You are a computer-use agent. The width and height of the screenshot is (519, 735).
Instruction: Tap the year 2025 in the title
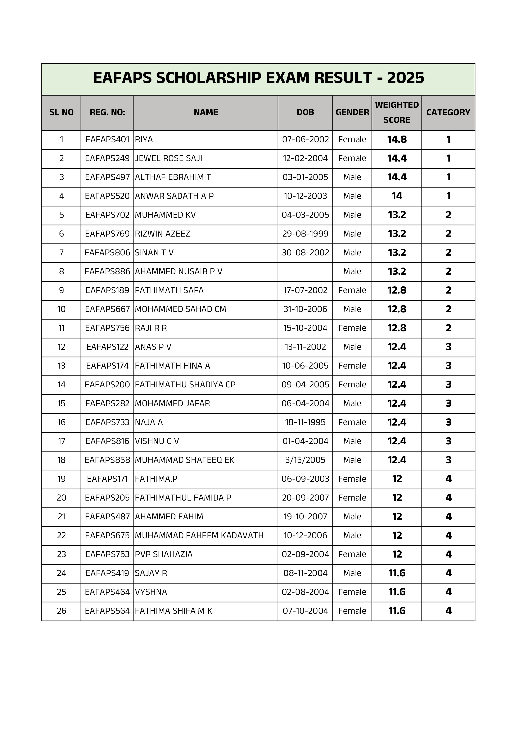[406, 78]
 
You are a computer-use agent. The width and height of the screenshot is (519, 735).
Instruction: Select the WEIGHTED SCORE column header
[397, 112]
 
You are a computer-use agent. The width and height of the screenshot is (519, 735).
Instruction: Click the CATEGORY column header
[448, 112]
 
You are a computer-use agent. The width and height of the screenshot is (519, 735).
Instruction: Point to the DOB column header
[305, 112]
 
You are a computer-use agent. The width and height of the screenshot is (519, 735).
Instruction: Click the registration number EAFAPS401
[107, 140]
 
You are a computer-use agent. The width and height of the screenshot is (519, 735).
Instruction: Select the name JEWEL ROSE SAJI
[168, 158]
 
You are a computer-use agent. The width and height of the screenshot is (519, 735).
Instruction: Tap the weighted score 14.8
[397, 140]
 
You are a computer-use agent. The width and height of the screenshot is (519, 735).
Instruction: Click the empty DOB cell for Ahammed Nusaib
[305, 272]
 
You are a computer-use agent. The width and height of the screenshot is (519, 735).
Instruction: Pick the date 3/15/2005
[305, 460]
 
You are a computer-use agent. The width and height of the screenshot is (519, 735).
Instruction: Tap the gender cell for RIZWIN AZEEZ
[352, 234]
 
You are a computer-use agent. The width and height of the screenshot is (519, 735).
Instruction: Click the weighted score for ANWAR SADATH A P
[397, 196]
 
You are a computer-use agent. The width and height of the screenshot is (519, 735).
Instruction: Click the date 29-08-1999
[305, 234]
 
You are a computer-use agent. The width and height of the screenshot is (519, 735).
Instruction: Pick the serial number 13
[61, 366]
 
